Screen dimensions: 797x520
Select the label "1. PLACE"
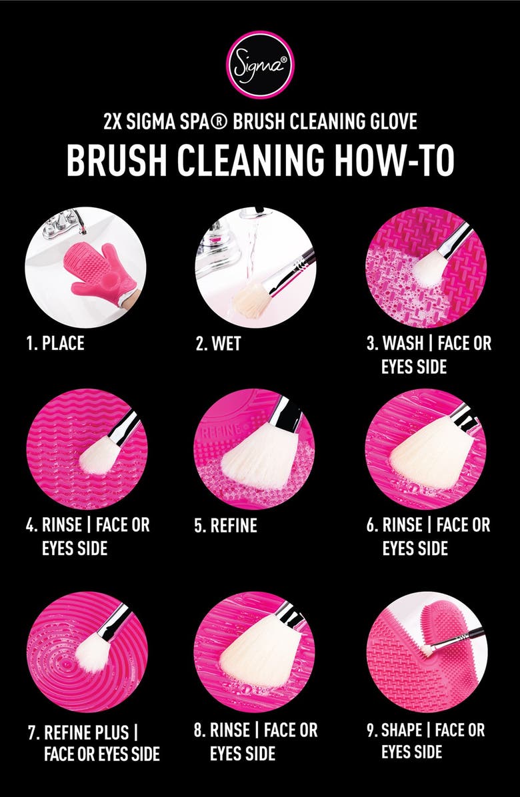coord(56,345)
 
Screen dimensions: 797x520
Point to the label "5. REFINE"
coord(225,526)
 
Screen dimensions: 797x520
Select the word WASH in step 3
coord(408,345)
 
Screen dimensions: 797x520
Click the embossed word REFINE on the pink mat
coord(224,430)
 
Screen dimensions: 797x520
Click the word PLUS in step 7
coord(111,732)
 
